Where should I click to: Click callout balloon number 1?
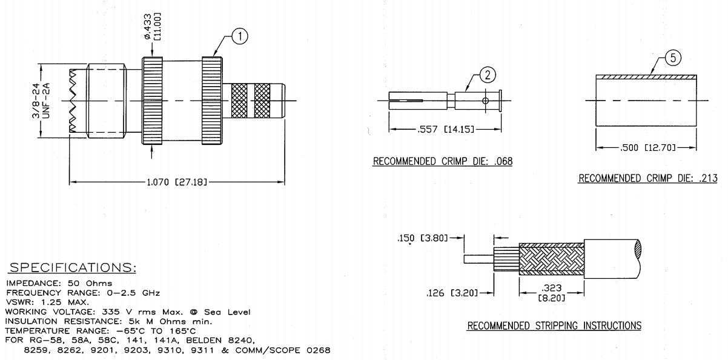[x=240, y=37]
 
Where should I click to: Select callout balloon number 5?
[x=673, y=58]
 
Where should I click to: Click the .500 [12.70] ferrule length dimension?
[x=646, y=148]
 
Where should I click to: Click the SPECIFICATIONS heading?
[x=72, y=268]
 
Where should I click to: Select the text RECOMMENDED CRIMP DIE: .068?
[x=443, y=161]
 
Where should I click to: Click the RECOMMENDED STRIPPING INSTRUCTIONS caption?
[x=554, y=326]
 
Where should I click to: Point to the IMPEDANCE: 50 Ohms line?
[x=59, y=283]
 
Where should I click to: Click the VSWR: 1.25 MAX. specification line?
[x=48, y=302]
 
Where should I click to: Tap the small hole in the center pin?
[x=485, y=99]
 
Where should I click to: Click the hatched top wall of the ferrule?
[x=646, y=77]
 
